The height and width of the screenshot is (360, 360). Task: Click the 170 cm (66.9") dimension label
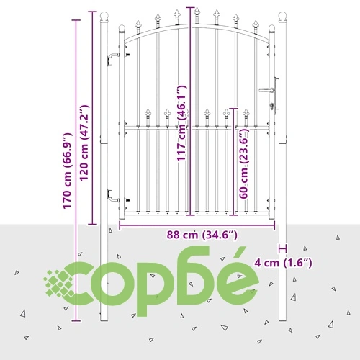tap(68, 171)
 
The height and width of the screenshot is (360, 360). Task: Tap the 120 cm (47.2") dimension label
tap(84, 143)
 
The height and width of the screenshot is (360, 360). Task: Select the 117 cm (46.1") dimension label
tap(181, 123)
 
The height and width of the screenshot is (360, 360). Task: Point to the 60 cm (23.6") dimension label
tap(244, 163)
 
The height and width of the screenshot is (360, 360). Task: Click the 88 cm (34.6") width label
tap(202, 235)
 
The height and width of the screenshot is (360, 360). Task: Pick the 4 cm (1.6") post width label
tap(284, 263)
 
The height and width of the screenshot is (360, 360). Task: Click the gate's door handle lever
tap(266, 90)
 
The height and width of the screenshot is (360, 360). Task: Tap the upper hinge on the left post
tap(113, 59)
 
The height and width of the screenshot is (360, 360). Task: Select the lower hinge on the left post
tap(113, 195)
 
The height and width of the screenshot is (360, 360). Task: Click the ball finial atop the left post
tap(104, 16)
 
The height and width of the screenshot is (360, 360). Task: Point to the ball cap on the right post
tap(282, 16)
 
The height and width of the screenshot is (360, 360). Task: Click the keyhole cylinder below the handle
tap(272, 106)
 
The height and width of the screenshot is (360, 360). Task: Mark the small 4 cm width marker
tap(282, 248)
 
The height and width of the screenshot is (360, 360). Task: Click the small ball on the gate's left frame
tap(122, 28)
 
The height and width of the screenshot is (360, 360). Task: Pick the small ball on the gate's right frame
tap(271, 28)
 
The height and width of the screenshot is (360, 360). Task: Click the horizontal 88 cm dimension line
tap(197, 225)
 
